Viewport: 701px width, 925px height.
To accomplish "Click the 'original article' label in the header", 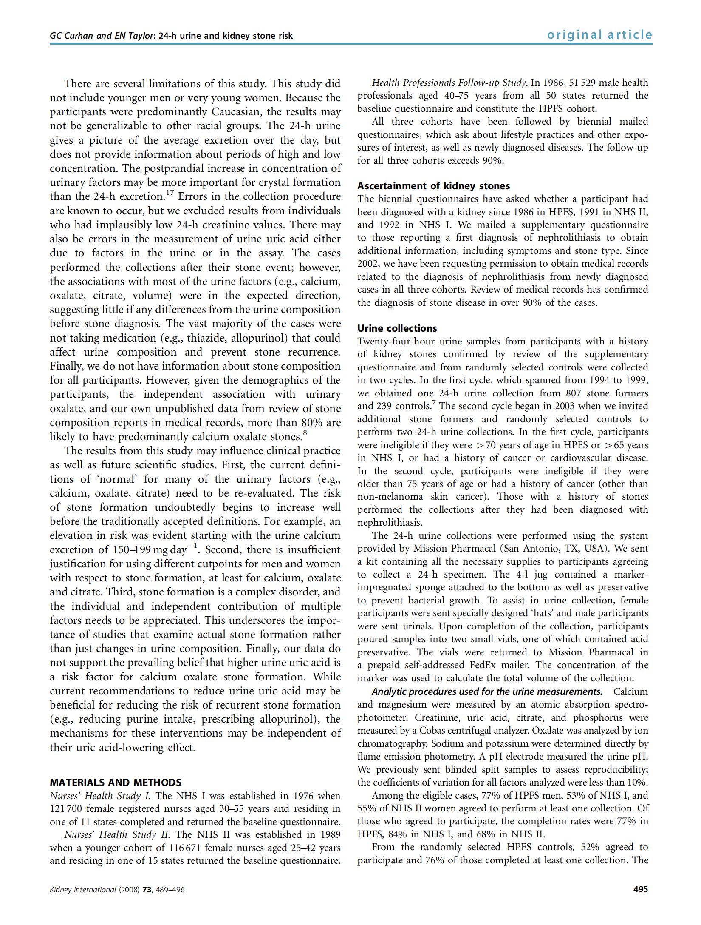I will pyautogui.click(x=599, y=34).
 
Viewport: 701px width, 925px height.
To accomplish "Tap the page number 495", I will pyautogui.click(x=640, y=889).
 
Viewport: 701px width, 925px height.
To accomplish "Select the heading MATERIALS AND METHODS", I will pyautogui.click(x=116, y=782).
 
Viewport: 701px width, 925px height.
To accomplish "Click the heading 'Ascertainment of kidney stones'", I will pyautogui.click(x=433, y=186).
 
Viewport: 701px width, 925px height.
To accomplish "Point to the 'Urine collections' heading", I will pyautogui.click(x=397, y=328).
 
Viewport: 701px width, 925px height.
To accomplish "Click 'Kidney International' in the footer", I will pyautogui.click(x=83, y=889).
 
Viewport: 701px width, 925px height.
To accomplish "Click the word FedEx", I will pyautogui.click(x=484, y=665).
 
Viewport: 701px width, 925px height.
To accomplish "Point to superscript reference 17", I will pyautogui.click(x=170, y=193).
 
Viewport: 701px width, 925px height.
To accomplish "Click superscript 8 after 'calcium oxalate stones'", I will pyautogui.click(x=305, y=433).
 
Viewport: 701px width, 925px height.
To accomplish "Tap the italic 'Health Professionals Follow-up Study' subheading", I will pyautogui.click(x=449, y=83).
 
